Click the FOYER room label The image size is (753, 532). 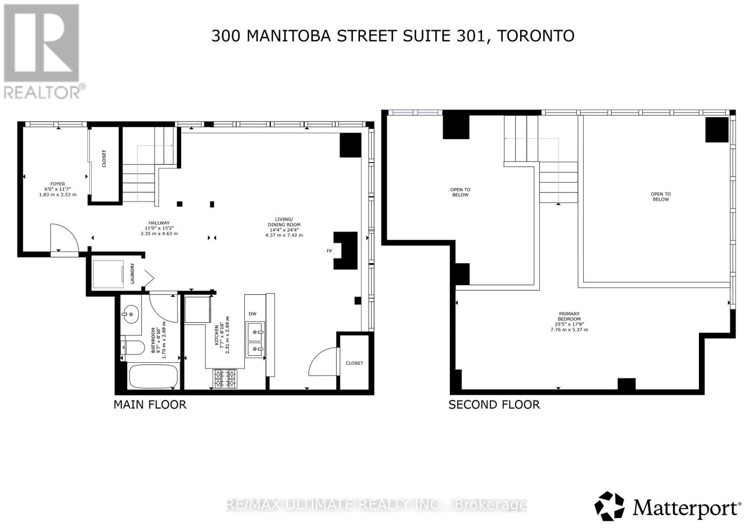[x=58, y=184]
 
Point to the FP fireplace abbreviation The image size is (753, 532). [x=329, y=251]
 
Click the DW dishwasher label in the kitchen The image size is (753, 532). [x=252, y=313]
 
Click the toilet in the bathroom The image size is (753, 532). [x=134, y=348]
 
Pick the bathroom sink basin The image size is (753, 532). [x=130, y=313]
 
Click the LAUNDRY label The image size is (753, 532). [x=132, y=273]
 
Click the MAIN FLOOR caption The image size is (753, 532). [x=150, y=405]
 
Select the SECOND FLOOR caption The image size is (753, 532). [x=494, y=405]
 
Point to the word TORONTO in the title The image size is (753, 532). [x=536, y=36]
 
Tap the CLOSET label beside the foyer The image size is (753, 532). [x=104, y=158]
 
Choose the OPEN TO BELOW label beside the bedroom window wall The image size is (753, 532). [x=660, y=196]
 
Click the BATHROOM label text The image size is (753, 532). [x=152, y=340]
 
